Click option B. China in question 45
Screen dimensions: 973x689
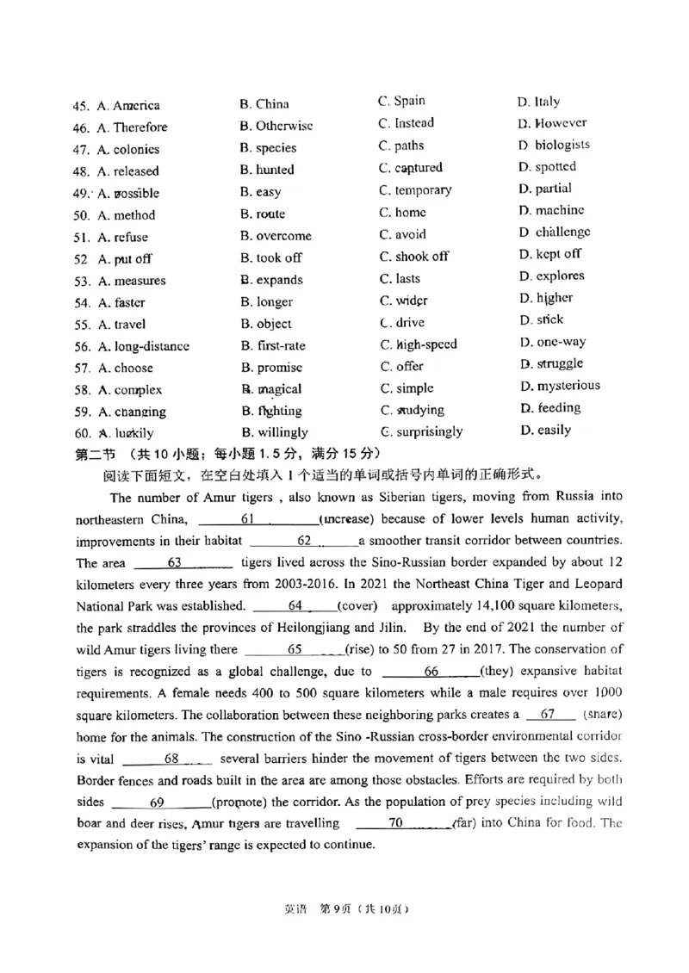(264, 104)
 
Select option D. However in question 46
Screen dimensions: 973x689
(552, 123)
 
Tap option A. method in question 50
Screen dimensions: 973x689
(127, 215)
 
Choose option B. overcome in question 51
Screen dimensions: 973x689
(276, 236)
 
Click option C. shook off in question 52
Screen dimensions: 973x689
(414, 257)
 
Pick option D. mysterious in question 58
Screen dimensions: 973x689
(560, 386)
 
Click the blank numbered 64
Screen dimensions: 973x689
(295, 605)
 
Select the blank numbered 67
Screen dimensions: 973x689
(546, 714)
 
